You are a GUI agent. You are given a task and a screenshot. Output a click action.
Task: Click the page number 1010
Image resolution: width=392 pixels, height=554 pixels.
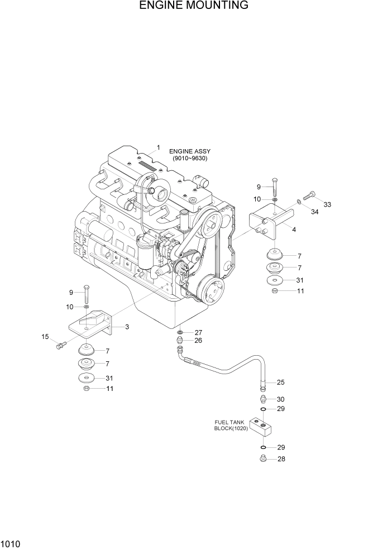point(11,542)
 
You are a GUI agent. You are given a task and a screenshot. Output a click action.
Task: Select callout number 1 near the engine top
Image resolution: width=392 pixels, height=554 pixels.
point(158,147)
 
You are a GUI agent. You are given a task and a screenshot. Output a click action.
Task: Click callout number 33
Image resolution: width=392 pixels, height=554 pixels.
point(327,204)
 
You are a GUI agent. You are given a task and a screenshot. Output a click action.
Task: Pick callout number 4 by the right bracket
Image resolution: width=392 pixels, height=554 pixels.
point(294,230)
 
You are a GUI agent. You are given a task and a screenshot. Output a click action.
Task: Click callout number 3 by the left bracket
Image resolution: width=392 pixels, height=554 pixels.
point(127,327)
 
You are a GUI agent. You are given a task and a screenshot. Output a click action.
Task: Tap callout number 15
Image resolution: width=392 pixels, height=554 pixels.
point(45,336)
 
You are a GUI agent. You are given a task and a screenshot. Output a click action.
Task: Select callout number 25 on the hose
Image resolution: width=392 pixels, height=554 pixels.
point(280,383)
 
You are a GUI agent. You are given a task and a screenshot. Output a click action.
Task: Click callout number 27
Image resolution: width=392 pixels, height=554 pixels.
point(198,332)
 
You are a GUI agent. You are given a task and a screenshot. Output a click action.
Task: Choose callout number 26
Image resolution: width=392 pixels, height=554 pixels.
point(198,341)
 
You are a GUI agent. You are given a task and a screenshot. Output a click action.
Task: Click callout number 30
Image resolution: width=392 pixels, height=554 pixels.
point(280,399)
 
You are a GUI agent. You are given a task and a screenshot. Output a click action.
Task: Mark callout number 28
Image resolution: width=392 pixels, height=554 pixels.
point(280,459)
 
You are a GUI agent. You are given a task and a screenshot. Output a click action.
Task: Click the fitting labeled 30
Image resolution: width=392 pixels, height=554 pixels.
point(261,399)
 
